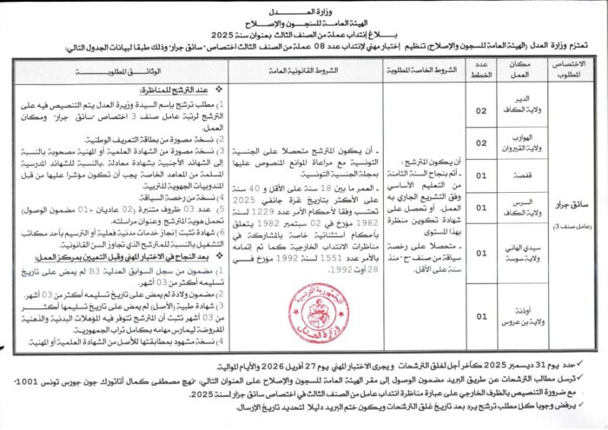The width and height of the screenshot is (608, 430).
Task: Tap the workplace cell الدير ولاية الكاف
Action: point(520,107)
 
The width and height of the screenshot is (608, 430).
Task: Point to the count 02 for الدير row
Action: point(483,109)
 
